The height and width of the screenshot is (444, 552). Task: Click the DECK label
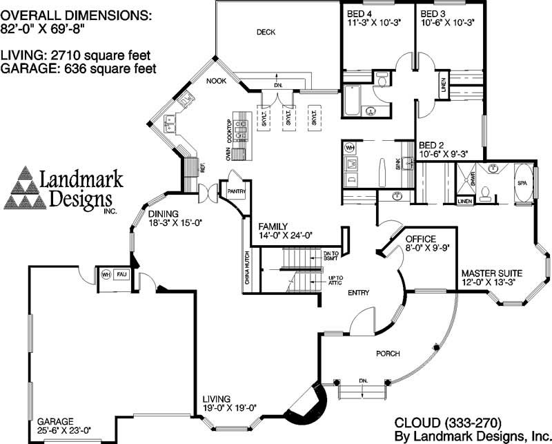click(266, 32)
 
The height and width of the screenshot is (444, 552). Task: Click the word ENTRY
click(358, 293)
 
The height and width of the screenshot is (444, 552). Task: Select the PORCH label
click(388, 354)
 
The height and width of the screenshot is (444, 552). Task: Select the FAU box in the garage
click(121, 274)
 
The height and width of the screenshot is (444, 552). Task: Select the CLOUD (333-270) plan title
click(447, 421)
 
